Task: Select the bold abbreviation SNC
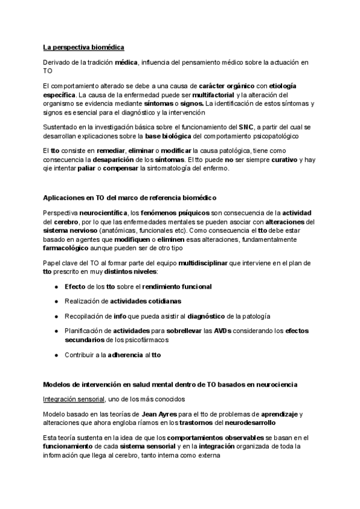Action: pyautogui.click(x=246, y=127)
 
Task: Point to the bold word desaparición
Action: pyautogui.click(x=118, y=160)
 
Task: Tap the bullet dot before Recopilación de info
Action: pyautogui.click(x=56, y=316)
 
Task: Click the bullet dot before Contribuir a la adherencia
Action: pyautogui.click(x=56, y=355)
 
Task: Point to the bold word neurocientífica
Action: pyautogui.click(x=102, y=214)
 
